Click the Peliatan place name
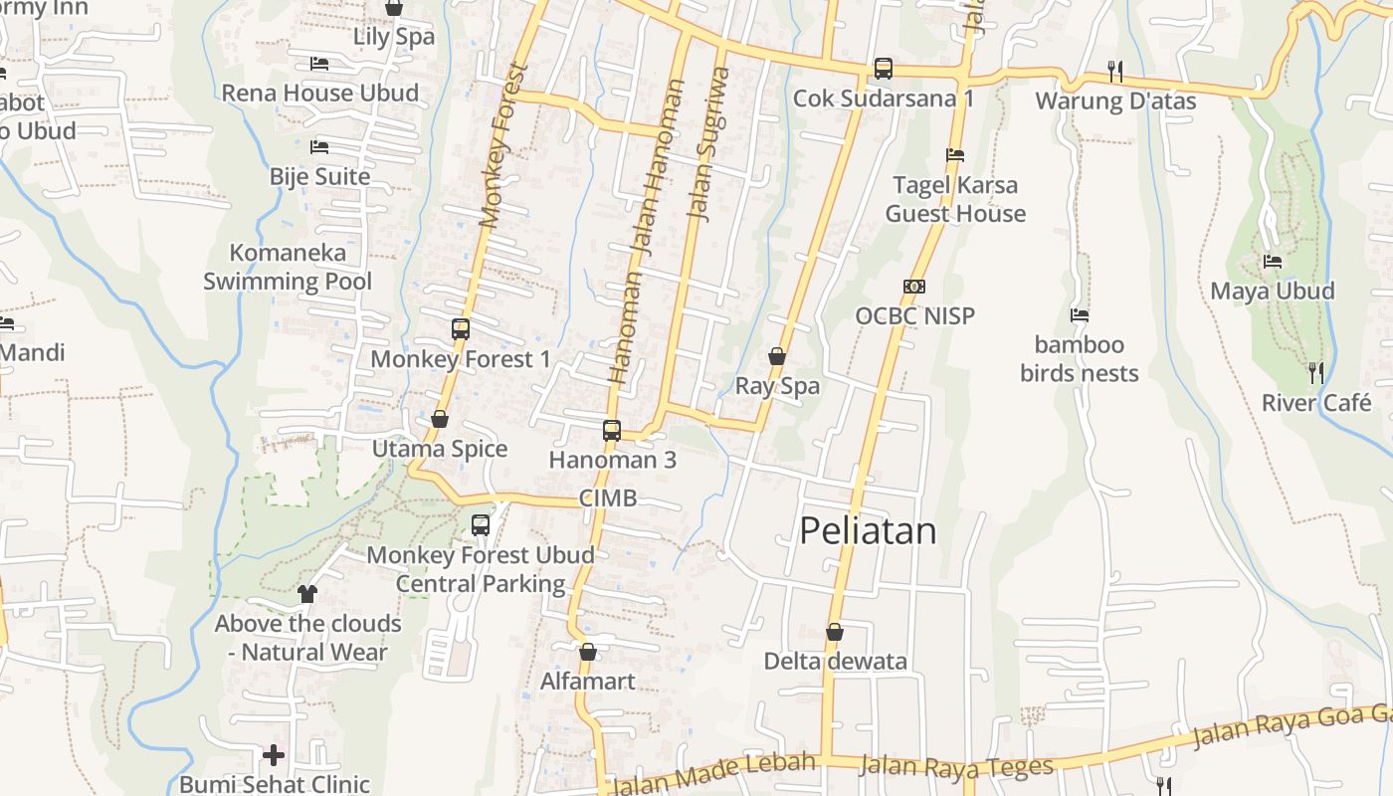click(868, 531)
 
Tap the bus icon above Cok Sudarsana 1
click(883, 69)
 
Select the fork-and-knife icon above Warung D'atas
click(1115, 71)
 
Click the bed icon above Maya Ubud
click(1272, 262)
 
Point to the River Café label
click(1316, 403)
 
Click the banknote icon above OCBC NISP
click(914, 287)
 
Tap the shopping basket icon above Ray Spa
click(777, 356)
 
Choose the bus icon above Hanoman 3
click(612, 431)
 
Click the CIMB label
click(608, 498)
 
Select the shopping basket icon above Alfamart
click(588, 653)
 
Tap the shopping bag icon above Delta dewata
click(835, 632)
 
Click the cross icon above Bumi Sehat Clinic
click(274, 754)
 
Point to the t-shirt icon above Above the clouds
click(306, 594)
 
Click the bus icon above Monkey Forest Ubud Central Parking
click(481, 524)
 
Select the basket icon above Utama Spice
click(440, 419)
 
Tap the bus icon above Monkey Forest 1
click(460, 328)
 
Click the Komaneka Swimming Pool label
click(288, 267)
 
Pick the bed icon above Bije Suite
click(319, 147)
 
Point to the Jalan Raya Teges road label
click(955, 766)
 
